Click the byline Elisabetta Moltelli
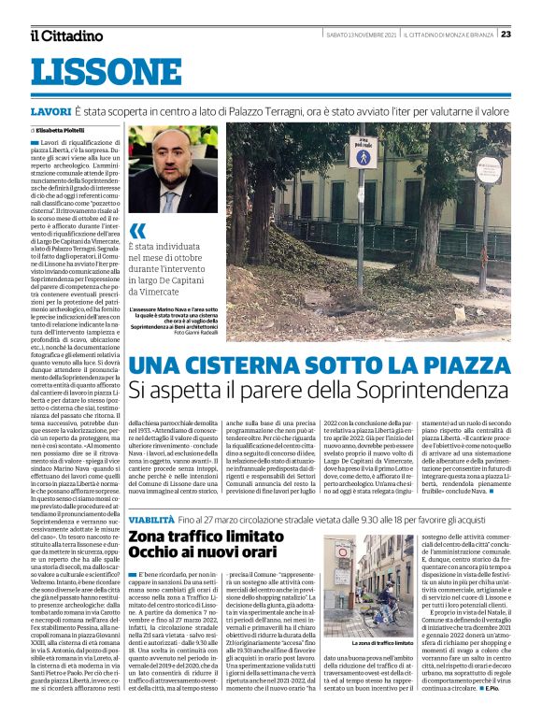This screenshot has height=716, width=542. click(x=66, y=128)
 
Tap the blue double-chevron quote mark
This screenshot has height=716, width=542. click(x=137, y=230)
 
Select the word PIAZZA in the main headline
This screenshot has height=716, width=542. click(x=464, y=367)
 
